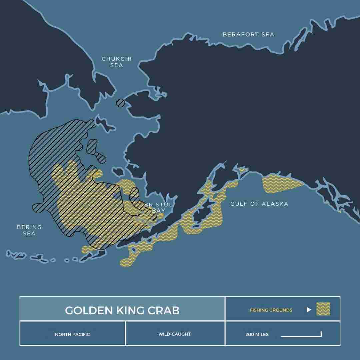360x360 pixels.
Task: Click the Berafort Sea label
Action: click(249, 34)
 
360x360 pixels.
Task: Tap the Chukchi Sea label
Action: click(117, 62)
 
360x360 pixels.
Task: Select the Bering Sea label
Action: click(29, 230)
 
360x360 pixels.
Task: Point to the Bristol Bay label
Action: click(159, 207)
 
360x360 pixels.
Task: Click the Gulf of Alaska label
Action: click(259, 204)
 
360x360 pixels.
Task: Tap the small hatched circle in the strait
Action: click(120, 103)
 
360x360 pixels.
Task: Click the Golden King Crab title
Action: click(122, 310)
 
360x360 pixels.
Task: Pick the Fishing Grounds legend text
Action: click(271, 310)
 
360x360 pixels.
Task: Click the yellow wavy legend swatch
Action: click(323, 309)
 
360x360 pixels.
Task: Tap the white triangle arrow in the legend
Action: click(309, 310)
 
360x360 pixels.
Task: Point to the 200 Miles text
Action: click(257, 334)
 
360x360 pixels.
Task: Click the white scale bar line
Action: click(301, 336)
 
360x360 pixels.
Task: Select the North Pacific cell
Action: click(72, 334)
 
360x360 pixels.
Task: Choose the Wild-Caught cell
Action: click(175, 334)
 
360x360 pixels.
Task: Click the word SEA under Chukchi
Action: click(117, 65)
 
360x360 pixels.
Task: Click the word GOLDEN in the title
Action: click(84, 310)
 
